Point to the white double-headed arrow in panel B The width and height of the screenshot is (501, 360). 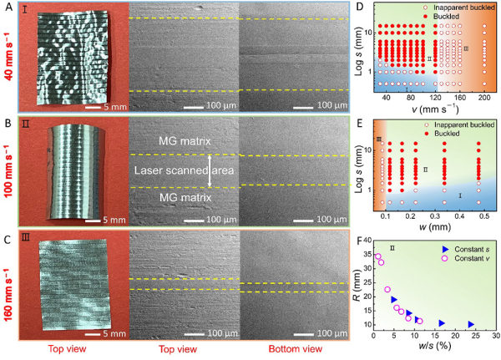coord(210,170)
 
